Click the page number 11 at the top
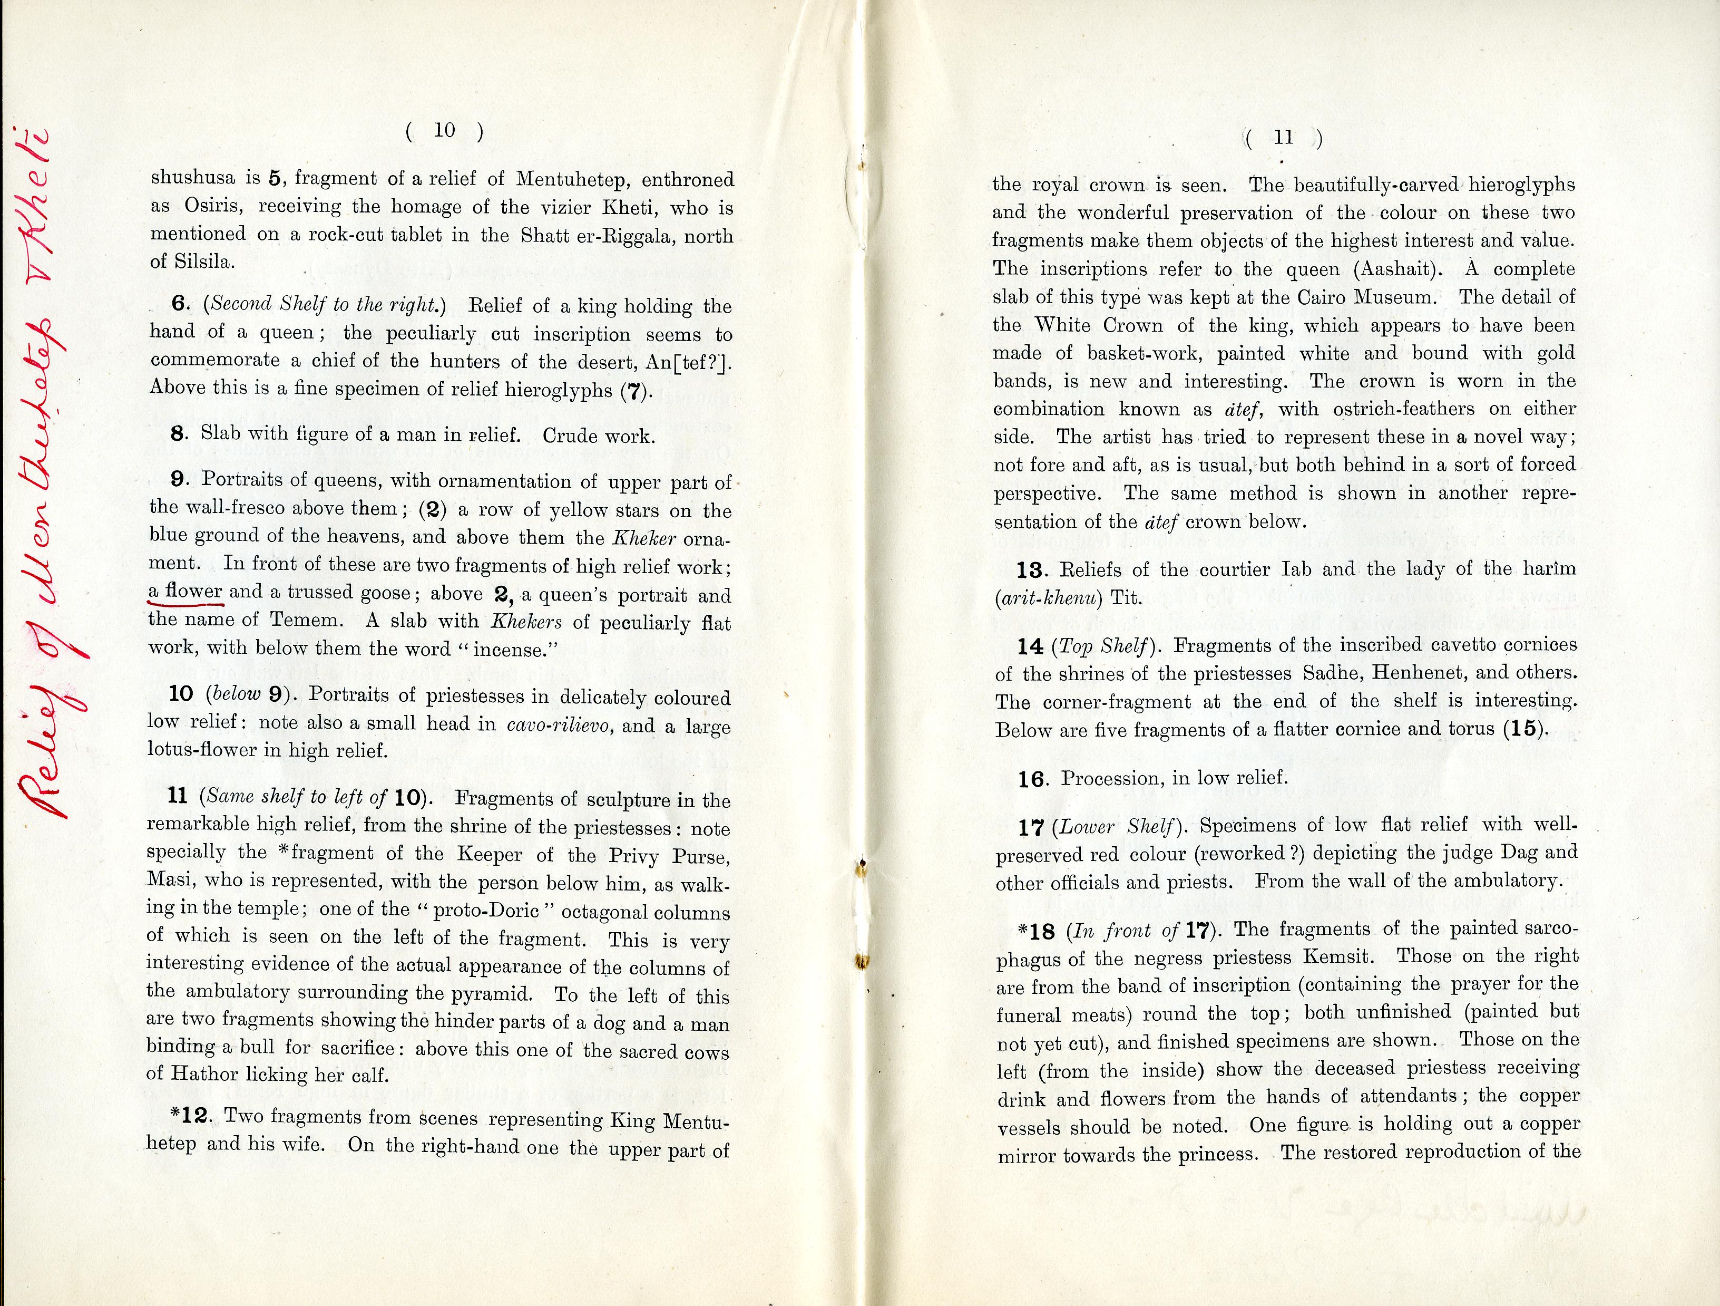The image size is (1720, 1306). point(1284,138)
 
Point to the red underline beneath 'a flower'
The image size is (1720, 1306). point(185,603)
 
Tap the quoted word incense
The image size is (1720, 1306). point(495,649)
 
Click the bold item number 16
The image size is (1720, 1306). point(1032,779)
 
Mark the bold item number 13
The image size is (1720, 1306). point(1030,570)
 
